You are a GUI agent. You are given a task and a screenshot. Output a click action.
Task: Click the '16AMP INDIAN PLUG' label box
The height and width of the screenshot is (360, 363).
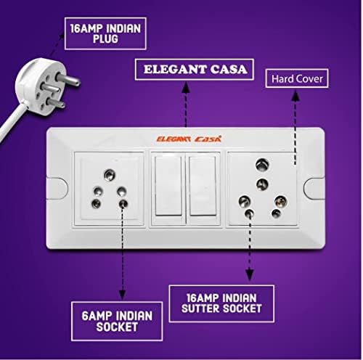click(105, 33)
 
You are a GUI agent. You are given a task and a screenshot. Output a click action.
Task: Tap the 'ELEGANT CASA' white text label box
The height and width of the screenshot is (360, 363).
click(195, 70)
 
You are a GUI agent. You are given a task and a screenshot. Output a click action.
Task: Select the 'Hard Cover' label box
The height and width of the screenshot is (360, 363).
click(297, 78)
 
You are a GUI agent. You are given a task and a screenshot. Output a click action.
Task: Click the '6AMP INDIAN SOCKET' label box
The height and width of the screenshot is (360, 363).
click(117, 321)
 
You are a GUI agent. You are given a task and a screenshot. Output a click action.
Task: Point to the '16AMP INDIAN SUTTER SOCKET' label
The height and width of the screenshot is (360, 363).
click(221, 303)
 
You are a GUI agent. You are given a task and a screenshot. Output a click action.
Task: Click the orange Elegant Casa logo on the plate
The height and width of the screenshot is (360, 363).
click(189, 139)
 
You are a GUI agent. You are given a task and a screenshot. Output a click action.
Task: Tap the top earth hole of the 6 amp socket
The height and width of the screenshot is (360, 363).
click(110, 175)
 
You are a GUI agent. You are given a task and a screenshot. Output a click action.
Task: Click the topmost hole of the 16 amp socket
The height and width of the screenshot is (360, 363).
click(262, 165)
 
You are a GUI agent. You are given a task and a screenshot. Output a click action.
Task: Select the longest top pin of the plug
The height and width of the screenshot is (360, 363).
click(68, 79)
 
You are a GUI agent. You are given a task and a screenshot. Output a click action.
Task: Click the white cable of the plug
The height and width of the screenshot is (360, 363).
click(12, 120)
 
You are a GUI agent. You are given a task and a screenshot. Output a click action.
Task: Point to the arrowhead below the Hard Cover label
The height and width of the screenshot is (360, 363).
click(295, 96)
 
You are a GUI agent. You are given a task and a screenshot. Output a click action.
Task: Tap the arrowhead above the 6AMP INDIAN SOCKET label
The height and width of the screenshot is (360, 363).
click(122, 295)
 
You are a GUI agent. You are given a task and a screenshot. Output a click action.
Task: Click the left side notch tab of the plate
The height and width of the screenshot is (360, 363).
click(57, 189)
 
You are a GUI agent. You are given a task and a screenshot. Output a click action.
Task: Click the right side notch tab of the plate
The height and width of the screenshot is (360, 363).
click(314, 189)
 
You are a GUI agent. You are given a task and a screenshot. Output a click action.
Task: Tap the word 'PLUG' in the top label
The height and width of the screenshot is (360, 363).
click(106, 39)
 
